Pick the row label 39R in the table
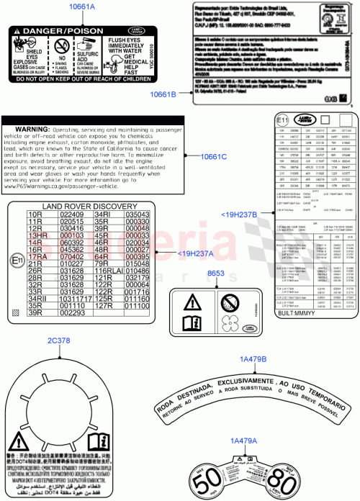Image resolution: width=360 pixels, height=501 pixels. [x=37, y=313]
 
